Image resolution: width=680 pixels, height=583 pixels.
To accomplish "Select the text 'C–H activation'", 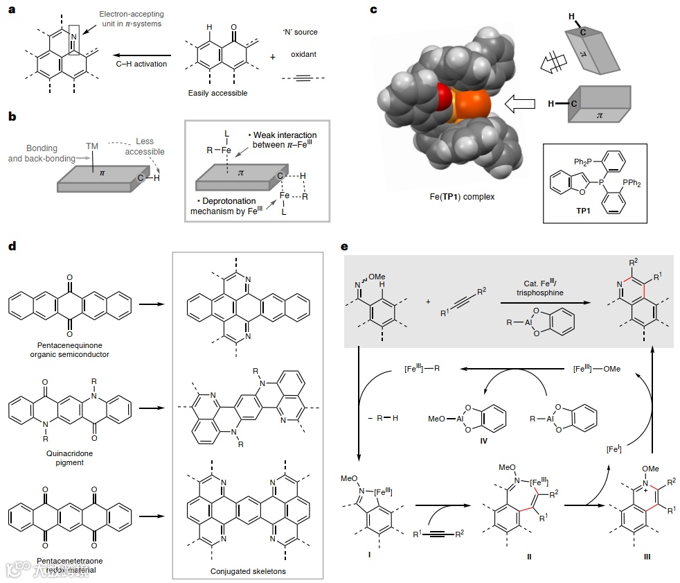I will [142, 64].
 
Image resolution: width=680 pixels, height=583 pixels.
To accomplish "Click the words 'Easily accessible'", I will [217, 93].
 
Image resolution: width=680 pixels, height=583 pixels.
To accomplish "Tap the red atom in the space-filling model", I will [443, 98].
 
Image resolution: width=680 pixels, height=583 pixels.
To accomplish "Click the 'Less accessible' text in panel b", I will [150, 146].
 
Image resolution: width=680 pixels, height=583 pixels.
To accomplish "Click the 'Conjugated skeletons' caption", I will [247, 572].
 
